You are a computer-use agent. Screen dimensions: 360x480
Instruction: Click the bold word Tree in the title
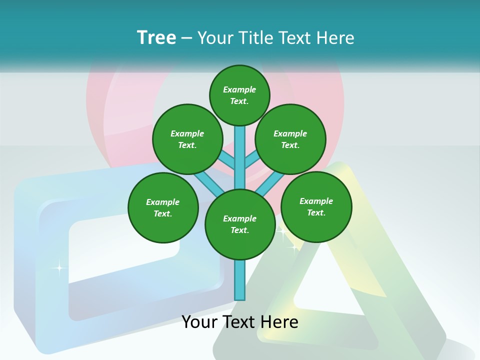pos(156,37)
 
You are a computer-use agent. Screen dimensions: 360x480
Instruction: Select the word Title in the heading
pos(255,38)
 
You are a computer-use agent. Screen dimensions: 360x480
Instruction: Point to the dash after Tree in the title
pos(186,38)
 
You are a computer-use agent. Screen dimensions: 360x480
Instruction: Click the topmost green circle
pos(239,95)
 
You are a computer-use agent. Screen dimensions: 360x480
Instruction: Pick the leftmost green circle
pos(163,208)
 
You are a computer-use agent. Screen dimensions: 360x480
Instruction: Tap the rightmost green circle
pos(316,207)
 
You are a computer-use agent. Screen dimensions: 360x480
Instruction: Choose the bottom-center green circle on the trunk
pos(240,224)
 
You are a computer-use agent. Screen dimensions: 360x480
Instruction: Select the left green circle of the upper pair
pos(187,139)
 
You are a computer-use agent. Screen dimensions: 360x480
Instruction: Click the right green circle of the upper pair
pos(290,139)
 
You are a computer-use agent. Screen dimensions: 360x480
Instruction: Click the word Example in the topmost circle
pos(239,89)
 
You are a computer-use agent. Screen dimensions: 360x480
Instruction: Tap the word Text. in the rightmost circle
pos(316,212)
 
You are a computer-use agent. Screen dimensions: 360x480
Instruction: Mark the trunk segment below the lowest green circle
pos(240,280)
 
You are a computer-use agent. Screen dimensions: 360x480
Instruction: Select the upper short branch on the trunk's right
pos(252,160)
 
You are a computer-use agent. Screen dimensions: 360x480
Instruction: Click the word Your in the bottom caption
pos(200,322)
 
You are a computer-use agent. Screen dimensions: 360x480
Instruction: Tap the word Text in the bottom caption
pos(239,322)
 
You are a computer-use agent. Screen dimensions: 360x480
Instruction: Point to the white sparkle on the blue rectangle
pos(59,268)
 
